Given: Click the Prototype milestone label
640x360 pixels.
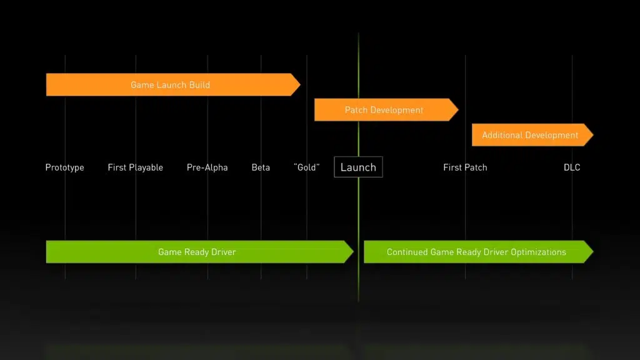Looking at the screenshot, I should coord(64,167).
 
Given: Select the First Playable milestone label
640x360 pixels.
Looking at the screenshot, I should coord(135,167).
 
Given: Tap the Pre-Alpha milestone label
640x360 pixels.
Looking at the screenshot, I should coord(207,167).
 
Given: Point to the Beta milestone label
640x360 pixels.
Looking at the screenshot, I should coord(261,167).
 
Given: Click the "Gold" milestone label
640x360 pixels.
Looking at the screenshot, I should coord(306,167).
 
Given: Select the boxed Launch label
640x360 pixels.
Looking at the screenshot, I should coord(358,167).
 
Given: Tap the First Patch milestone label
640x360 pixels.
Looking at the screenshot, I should coord(465,167).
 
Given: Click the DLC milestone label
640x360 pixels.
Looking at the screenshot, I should coord(572,167).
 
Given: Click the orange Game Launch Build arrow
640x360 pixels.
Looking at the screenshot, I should coord(170,85).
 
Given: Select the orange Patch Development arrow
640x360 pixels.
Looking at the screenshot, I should coord(384,110).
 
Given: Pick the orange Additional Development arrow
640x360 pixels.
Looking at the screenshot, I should coord(530,135).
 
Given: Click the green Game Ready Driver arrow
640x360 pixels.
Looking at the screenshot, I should coord(197,252).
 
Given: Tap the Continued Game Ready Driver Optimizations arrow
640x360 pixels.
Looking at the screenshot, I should coord(476,252).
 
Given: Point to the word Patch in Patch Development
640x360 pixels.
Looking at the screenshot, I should coord(356,110).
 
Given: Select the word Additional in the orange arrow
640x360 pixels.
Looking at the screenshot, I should coord(502,135).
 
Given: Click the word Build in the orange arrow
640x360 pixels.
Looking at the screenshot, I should coord(198,85).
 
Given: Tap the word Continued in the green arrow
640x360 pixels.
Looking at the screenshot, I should coord(407,252).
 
